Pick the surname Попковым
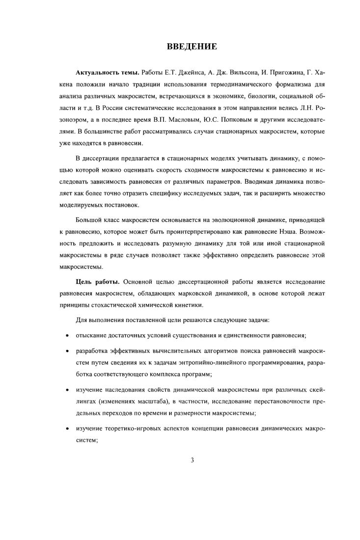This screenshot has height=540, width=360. pos(245,118)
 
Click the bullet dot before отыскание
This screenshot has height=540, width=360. pos(66,335)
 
